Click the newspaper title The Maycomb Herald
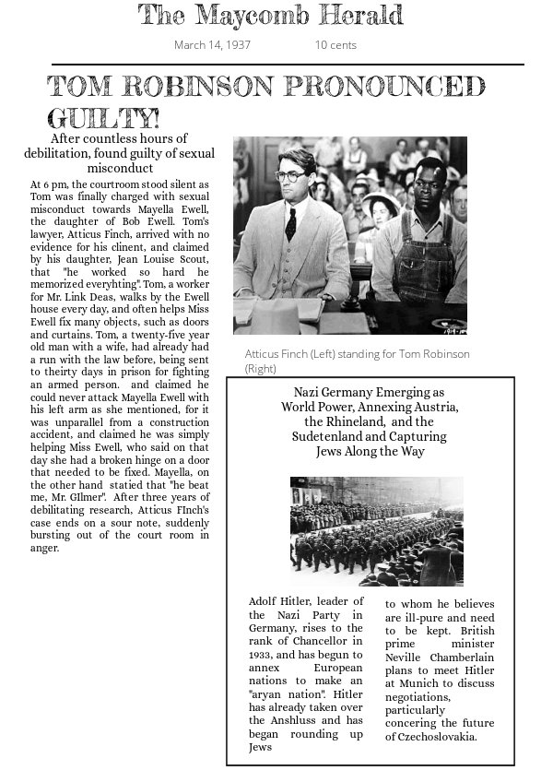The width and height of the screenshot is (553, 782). coord(270,16)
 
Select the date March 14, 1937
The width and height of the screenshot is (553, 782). coord(212,45)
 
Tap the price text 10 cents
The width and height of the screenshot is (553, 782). coord(335,45)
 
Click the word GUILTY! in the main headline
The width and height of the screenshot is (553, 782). coord(103,119)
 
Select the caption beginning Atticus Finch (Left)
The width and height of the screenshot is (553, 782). coord(357,361)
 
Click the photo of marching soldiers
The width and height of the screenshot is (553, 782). coord(377,531)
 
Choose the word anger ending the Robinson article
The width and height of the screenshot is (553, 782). coord(44,548)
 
